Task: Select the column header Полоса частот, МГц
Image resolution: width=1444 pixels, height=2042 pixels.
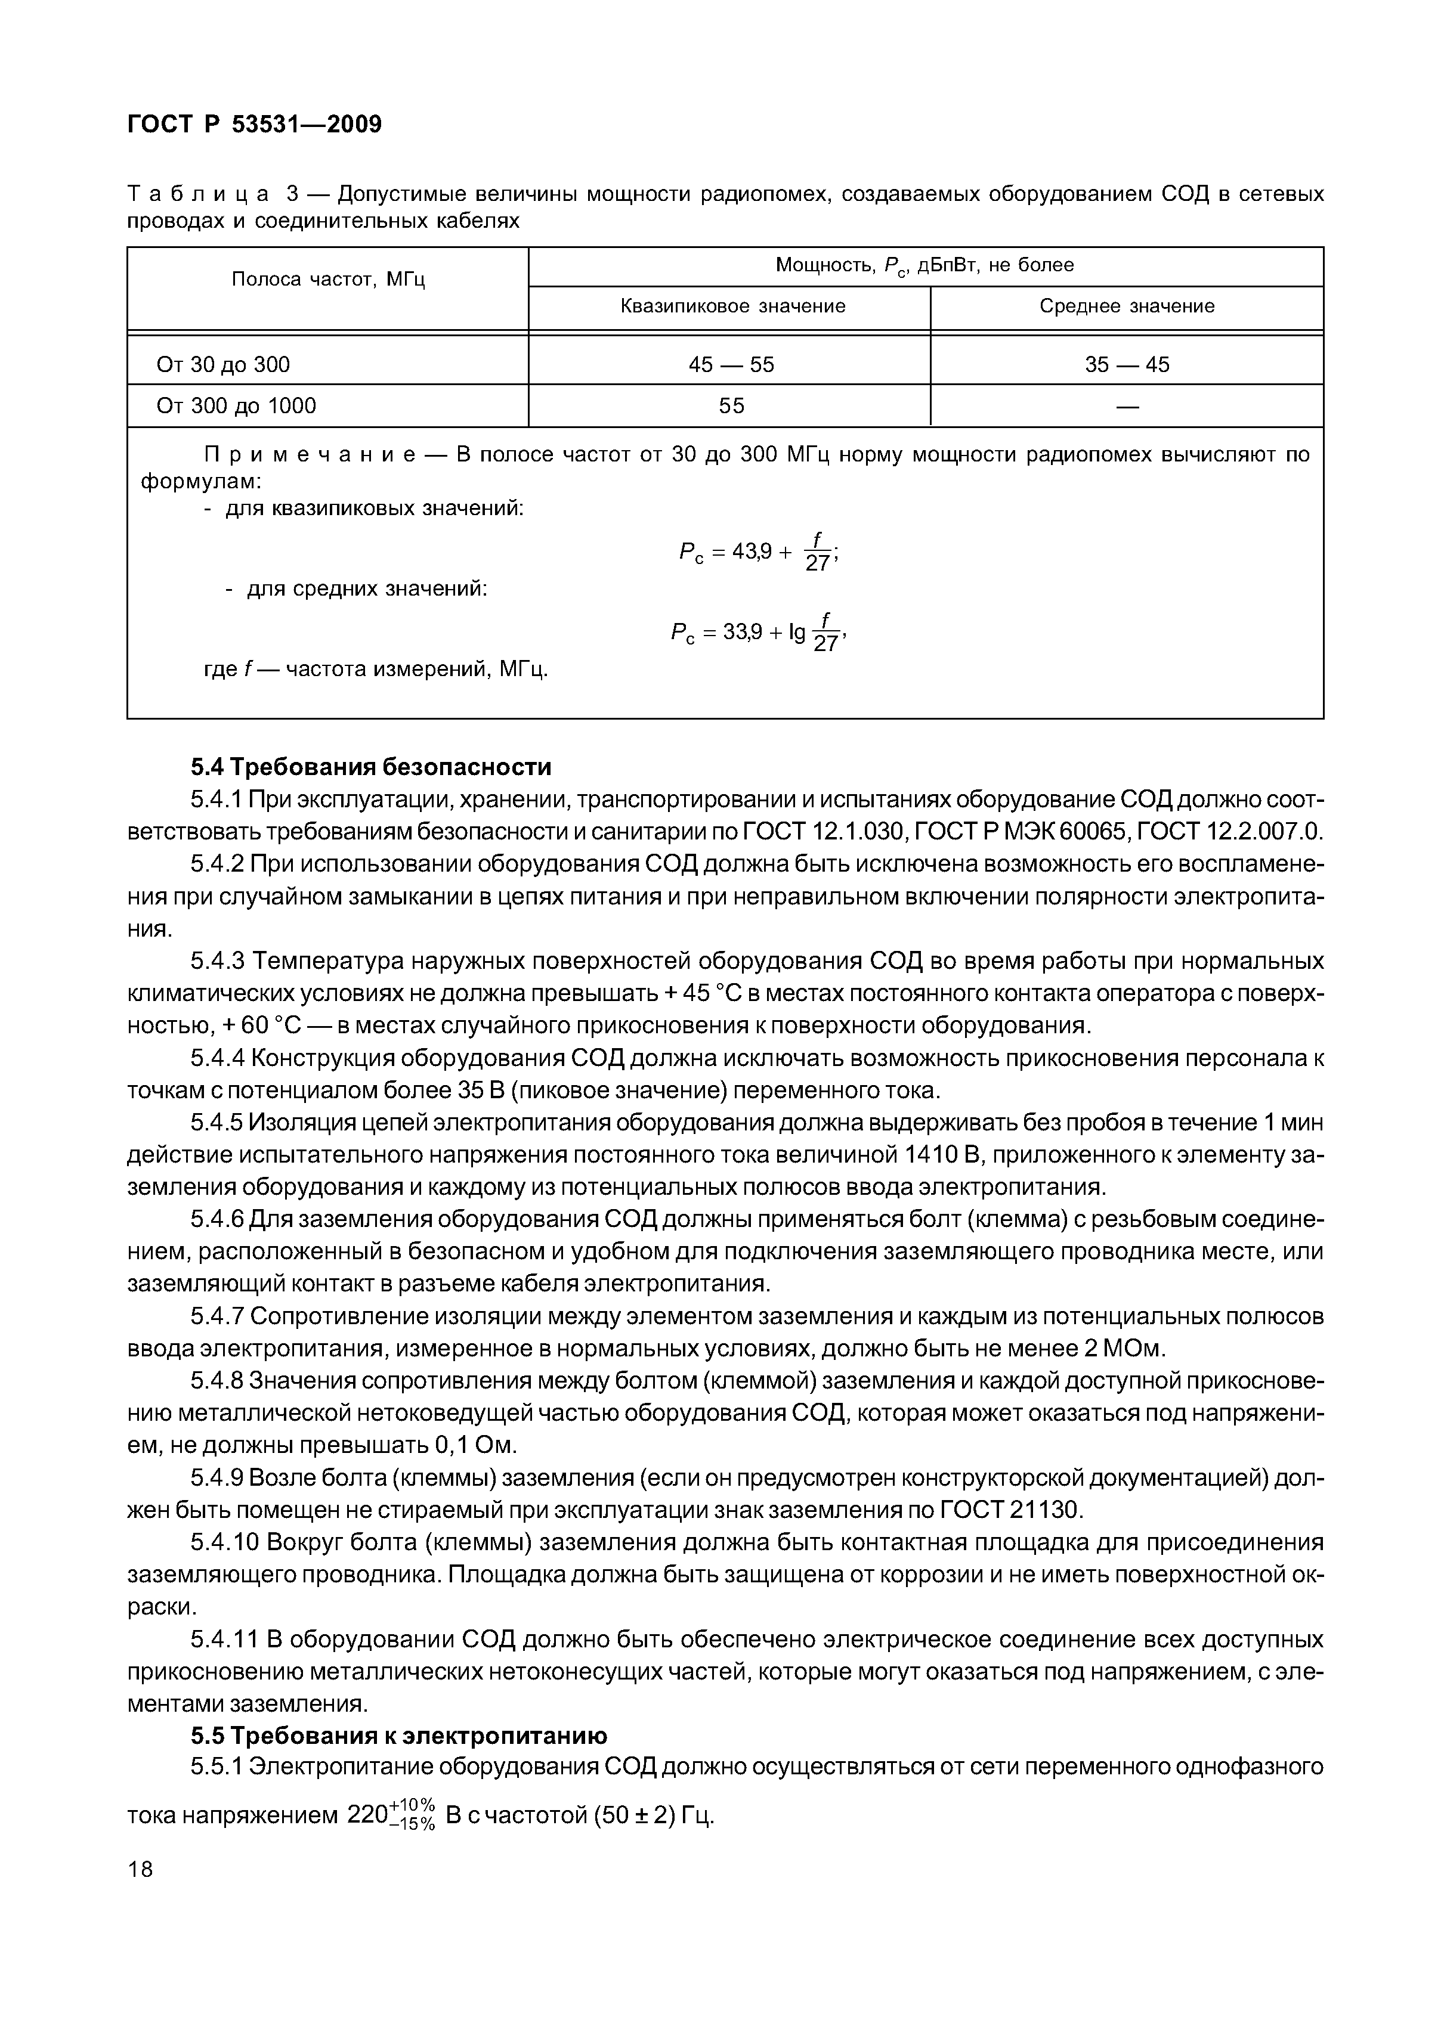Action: (328, 280)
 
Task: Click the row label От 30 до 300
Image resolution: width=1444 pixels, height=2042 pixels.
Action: (223, 365)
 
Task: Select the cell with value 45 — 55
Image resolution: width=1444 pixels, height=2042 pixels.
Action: (731, 365)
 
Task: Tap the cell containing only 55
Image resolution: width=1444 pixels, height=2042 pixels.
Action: (731, 407)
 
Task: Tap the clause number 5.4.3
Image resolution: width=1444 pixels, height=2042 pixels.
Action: (217, 962)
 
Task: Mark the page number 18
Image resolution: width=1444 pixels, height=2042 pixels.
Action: (141, 1870)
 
